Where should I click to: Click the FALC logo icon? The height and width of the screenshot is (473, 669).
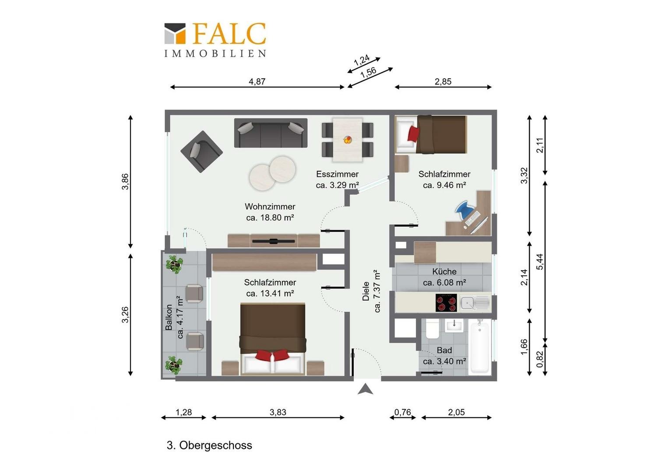tap(175, 33)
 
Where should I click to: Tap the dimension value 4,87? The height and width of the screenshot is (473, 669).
tap(257, 81)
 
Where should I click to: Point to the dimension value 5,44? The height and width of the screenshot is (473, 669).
tap(540, 262)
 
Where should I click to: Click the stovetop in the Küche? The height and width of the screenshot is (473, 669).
tap(446, 302)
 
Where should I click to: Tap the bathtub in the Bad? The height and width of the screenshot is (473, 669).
tap(480, 346)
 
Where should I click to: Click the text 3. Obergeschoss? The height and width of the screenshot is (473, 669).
tap(209, 445)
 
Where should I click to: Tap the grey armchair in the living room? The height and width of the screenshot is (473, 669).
tap(201, 152)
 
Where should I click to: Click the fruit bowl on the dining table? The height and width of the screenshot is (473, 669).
tap(347, 140)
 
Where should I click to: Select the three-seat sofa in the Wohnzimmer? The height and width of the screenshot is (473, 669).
tap(271, 133)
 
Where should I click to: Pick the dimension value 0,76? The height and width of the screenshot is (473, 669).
tap(403, 412)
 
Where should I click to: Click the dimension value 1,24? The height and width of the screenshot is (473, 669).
tap(362, 60)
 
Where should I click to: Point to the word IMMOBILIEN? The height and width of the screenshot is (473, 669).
tap(215, 53)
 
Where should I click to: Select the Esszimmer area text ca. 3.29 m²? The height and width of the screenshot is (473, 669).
tap(337, 185)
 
